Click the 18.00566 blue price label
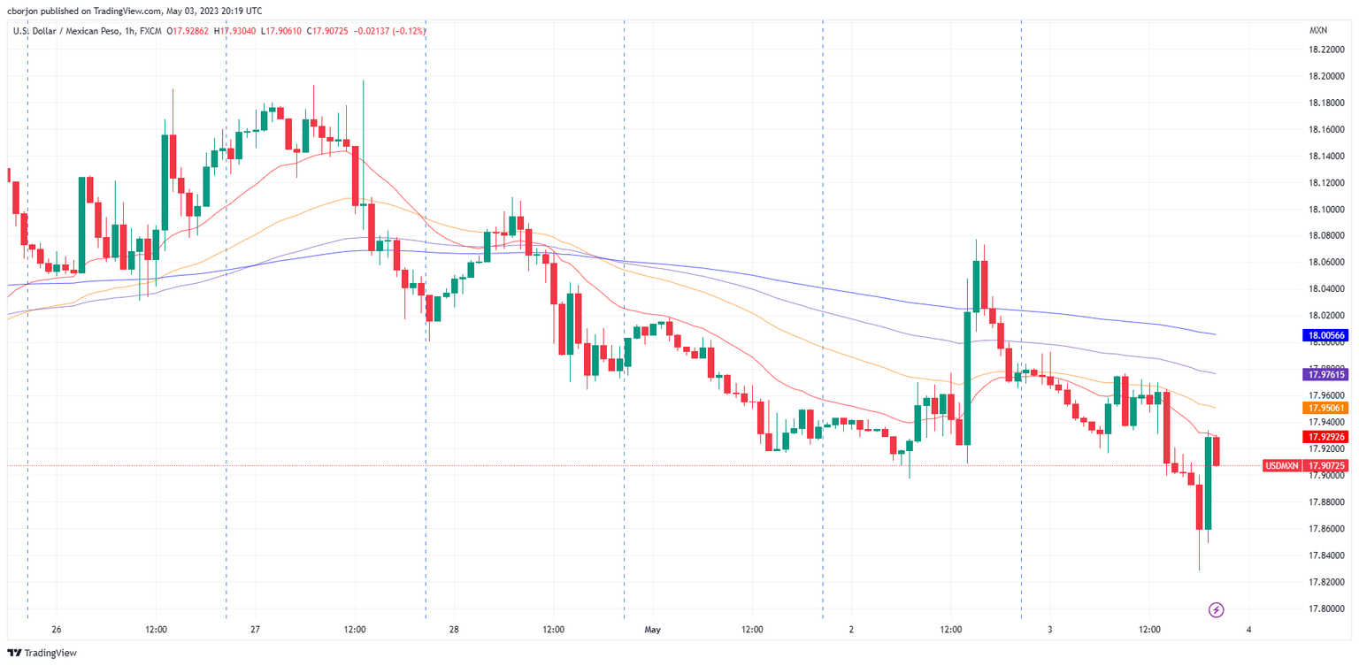pyautogui.click(x=1324, y=335)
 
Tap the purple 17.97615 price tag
pyautogui.click(x=1324, y=375)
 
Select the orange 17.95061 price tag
pyautogui.click(x=1324, y=408)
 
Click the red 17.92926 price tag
pyautogui.click(x=1324, y=437)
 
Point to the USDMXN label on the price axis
pyautogui.click(x=1281, y=465)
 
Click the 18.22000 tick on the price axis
pyautogui.click(x=1326, y=50)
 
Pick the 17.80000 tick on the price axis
pyautogui.click(x=1326, y=609)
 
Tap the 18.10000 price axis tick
pyautogui.click(x=1326, y=210)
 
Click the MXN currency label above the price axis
pyautogui.click(x=1317, y=31)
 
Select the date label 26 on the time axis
pyautogui.click(x=57, y=630)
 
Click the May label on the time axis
pyautogui.click(x=652, y=630)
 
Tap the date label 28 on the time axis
pyautogui.click(x=454, y=630)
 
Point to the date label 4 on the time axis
pyautogui.click(x=1248, y=630)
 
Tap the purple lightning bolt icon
pyautogui.click(x=1216, y=609)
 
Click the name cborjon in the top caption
pyautogui.click(x=25, y=11)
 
